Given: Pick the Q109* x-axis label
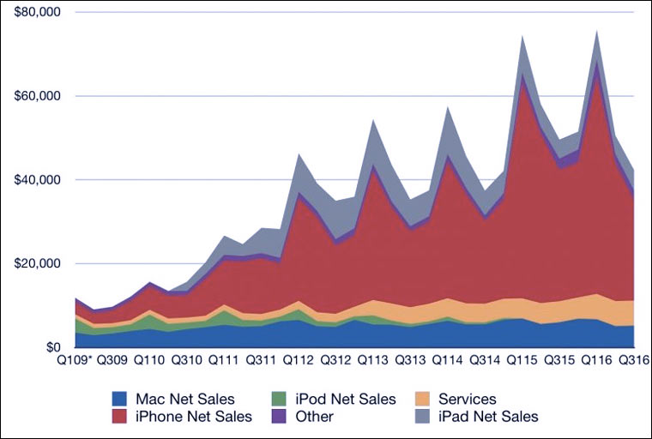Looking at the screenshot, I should click(x=75, y=362).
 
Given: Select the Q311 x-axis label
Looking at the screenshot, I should click(x=262, y=362).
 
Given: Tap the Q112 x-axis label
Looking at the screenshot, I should click(x=299, y=362).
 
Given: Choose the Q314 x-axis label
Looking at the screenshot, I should click(x=484, y=362).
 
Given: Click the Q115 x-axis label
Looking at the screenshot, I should click(x=522, y=362).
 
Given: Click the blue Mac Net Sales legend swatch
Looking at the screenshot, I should click(x=121, y=399).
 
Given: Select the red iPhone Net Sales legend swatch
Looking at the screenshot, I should click(x=121, y=417).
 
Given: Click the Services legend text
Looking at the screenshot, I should click(x=467, y=399).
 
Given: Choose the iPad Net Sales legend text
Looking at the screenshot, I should click(x=488, y=417).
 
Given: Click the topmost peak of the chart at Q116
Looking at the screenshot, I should click(x=596, y=31).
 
